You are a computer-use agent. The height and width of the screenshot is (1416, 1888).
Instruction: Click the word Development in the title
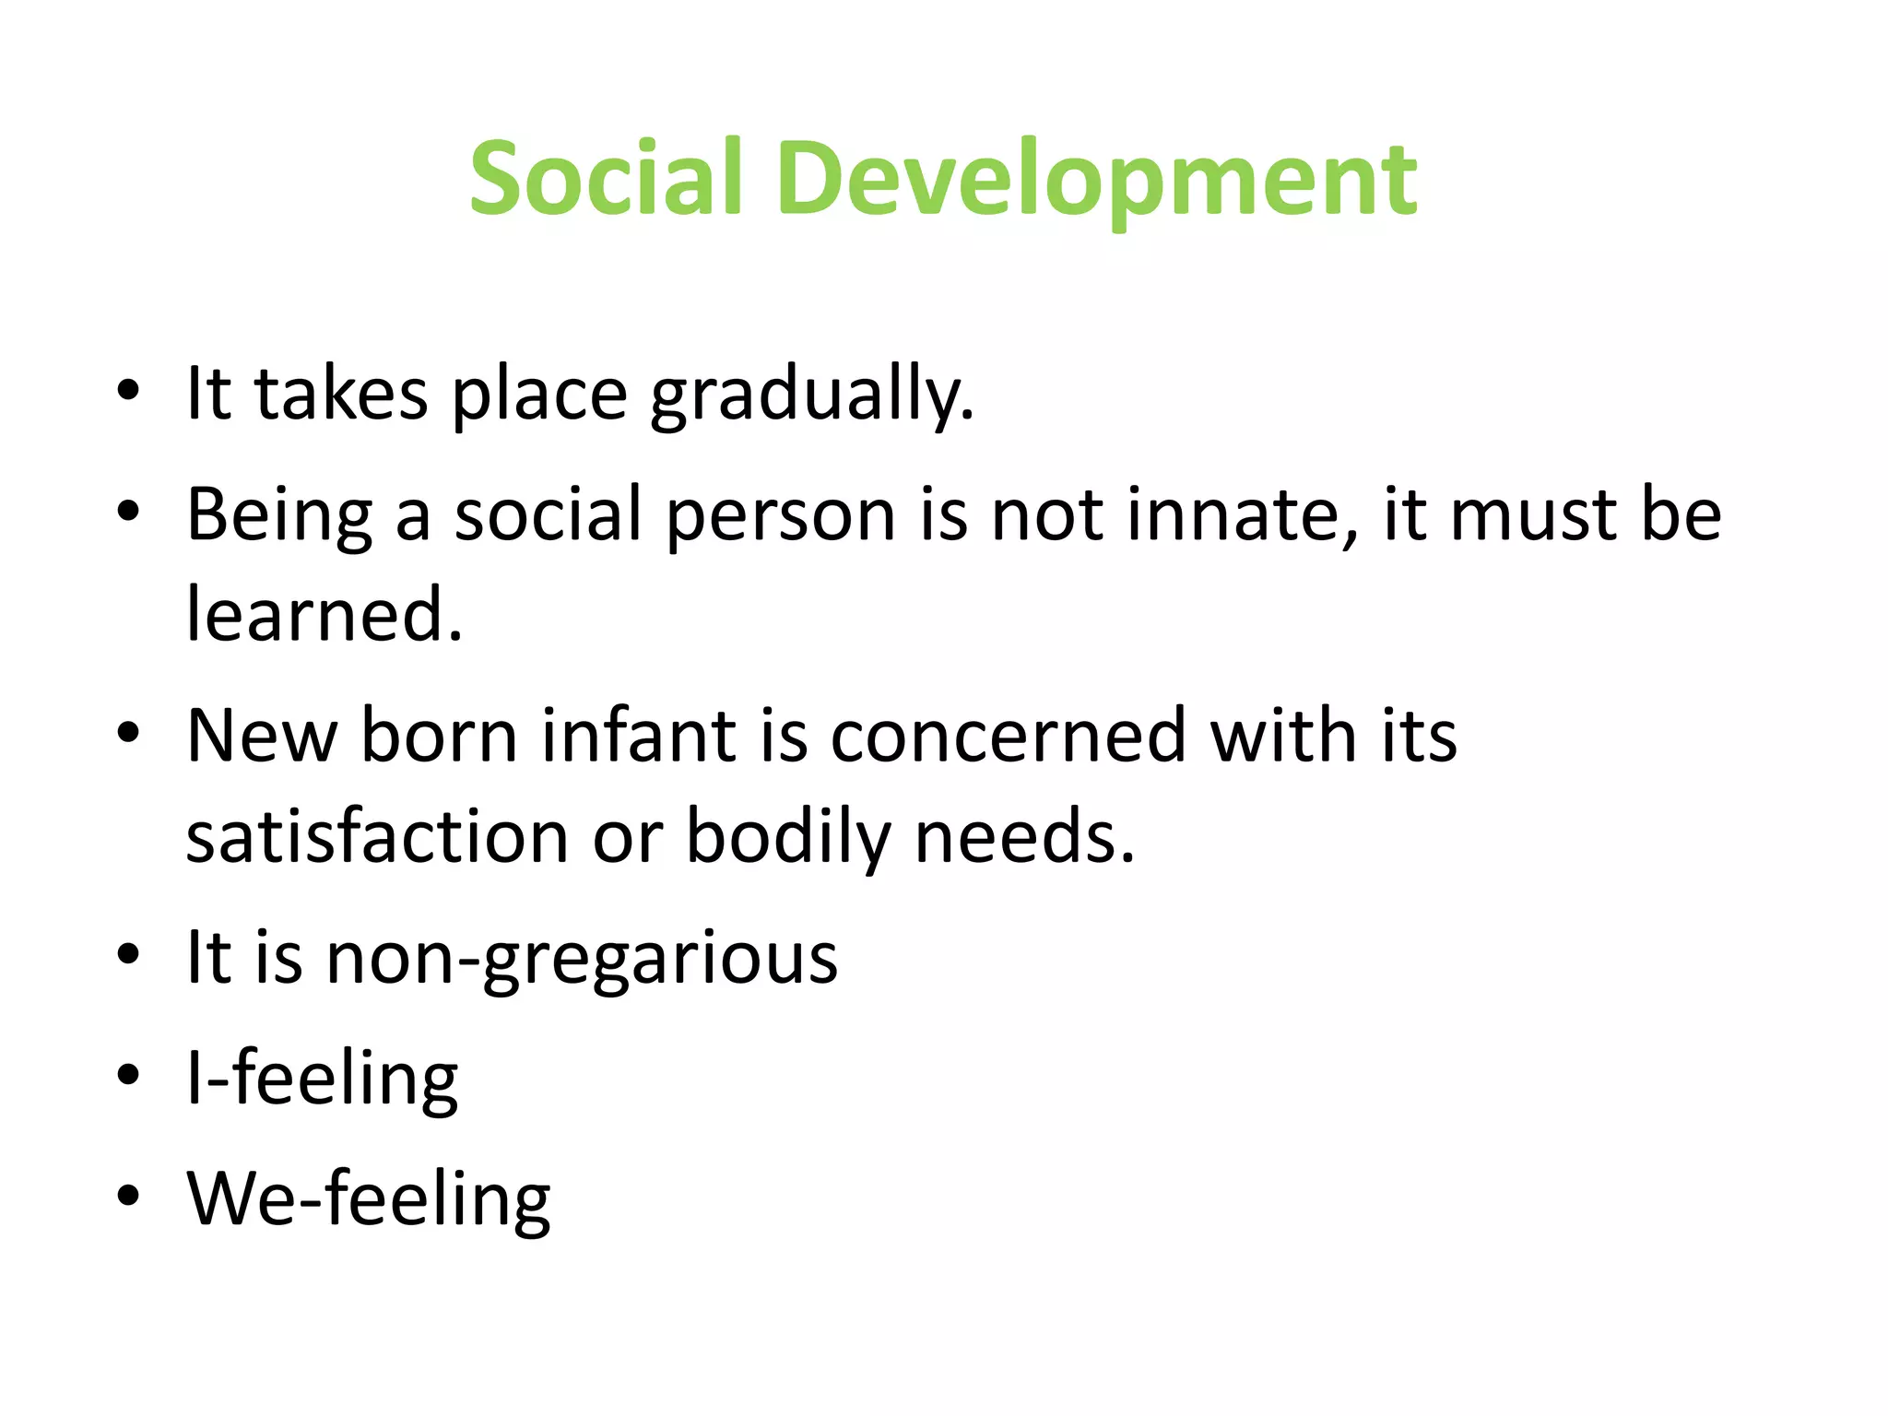1096,180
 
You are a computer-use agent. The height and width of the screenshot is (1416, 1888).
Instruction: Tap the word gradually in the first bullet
811,395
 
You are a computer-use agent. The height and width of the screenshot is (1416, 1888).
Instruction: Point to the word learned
324,615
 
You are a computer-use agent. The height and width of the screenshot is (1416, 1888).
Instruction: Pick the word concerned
1007,736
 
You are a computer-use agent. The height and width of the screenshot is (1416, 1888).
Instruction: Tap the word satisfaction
377,837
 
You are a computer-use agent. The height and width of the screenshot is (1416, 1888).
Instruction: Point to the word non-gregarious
582,959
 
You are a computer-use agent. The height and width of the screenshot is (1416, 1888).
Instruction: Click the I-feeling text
322,1079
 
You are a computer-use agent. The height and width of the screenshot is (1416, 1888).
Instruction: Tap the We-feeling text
369,1198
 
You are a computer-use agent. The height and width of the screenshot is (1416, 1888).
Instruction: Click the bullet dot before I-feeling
128,1076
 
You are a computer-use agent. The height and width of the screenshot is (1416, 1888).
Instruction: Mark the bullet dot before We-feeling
128,1196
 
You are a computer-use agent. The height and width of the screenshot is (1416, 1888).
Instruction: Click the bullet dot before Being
128,512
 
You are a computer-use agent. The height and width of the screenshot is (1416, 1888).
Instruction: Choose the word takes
341,395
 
